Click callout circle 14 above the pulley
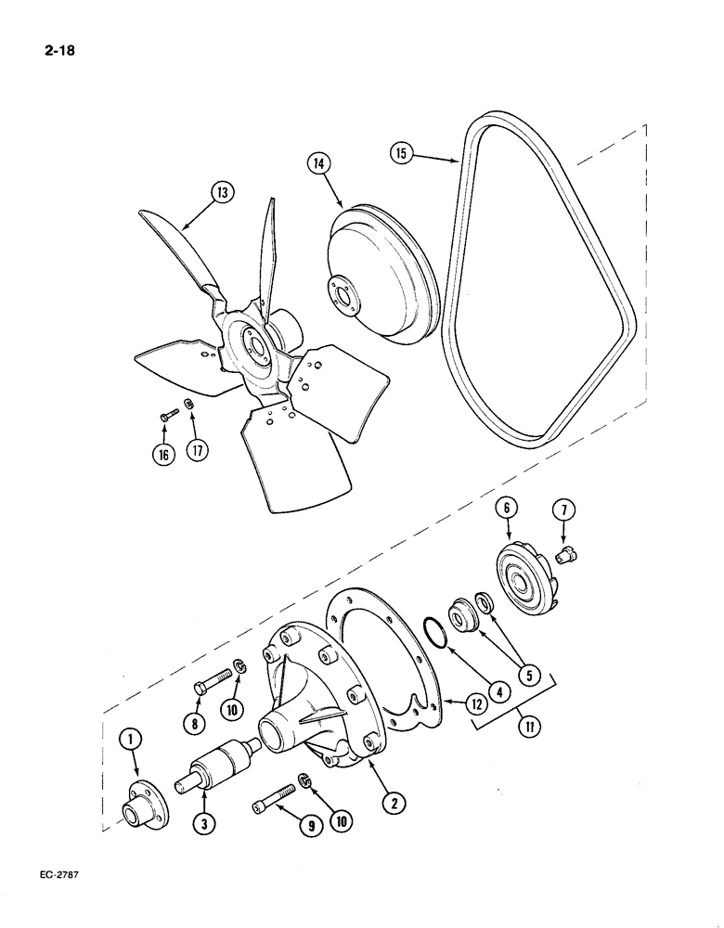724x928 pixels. pyautogui.click(x=318, y=165)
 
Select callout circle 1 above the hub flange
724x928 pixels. pyautogui.click(x=132, y=739)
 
